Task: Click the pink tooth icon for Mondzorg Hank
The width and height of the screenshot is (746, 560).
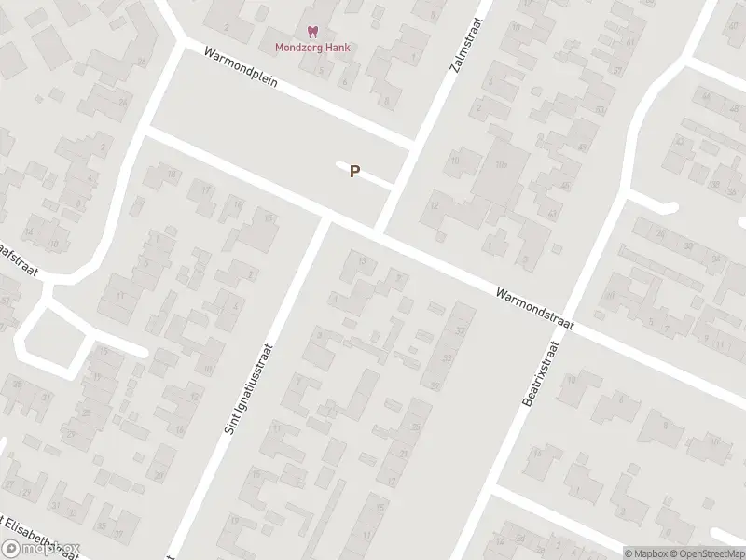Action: click(x=312, y=32)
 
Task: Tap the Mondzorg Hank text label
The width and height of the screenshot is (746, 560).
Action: click(x=312, y=47)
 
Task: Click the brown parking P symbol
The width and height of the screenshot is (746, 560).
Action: click(x=354, y=171)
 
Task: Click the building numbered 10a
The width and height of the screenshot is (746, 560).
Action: click(x=501, y=165)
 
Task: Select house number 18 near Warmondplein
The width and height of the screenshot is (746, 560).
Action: click(x=171, y=175)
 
